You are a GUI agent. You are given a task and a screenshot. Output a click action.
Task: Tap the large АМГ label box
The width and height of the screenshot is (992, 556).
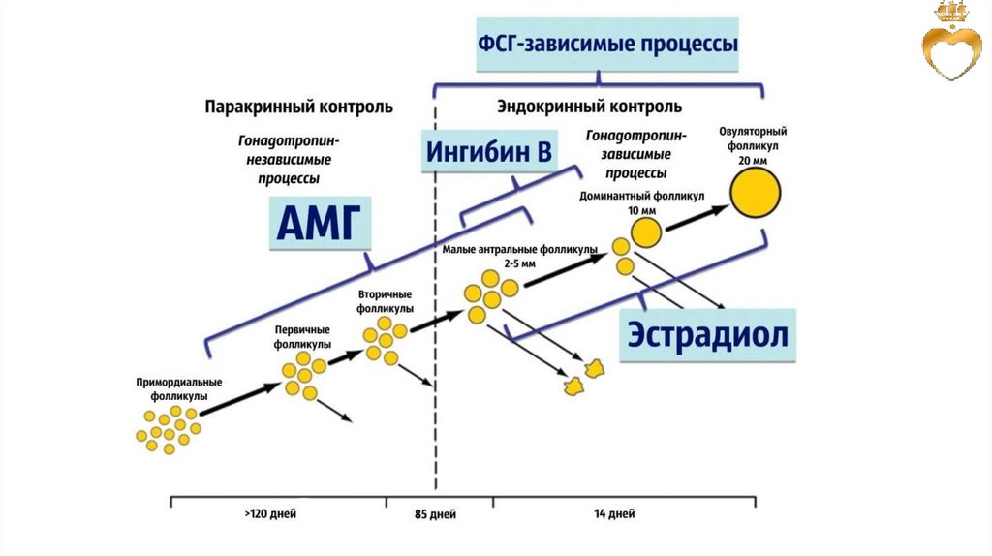319,226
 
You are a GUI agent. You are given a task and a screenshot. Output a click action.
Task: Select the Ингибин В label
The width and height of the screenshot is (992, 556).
489,153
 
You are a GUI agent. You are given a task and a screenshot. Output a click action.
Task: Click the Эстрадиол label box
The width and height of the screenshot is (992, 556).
707,334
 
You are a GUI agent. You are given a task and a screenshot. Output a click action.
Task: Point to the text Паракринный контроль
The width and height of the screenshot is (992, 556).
298,106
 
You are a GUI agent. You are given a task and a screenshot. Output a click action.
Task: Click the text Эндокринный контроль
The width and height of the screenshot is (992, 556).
589,106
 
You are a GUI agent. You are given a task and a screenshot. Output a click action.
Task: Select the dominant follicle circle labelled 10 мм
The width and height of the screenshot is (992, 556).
647,233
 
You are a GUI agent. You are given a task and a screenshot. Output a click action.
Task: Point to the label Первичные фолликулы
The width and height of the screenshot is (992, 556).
301,337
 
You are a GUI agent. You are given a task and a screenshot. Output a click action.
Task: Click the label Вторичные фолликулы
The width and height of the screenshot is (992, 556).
386,300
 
